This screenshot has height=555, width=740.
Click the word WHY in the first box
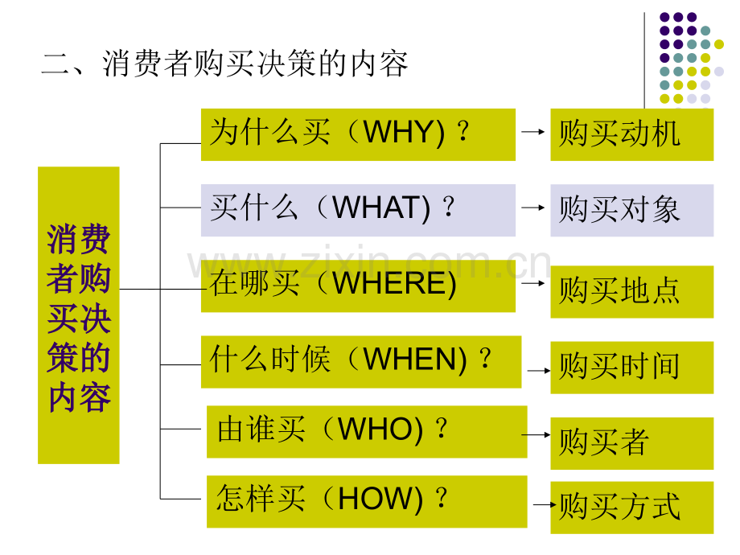tap(398, 132)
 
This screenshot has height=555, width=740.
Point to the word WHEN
tap(409, 360)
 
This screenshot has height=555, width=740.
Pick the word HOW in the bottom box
tap(375, 499)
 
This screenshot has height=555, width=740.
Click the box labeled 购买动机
tap(632, 134)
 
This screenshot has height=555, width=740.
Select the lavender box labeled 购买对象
tap(632, 211)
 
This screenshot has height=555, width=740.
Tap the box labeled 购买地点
tap(632, 292)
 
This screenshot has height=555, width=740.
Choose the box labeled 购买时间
tap(632, 368)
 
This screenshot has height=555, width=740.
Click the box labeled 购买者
tap(632, 444)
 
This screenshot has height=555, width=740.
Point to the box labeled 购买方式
tap(632, 508)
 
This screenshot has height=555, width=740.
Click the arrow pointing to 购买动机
tap(533, 132)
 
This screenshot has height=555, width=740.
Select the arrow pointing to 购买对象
tap(533, 208)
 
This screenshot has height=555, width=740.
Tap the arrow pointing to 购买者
tap(536, 434)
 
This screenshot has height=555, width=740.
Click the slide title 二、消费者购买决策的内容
tap(224, 64)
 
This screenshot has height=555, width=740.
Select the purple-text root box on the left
tap(78, 315)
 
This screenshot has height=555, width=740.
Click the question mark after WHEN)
tap(485, 358)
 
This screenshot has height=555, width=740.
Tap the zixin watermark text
tap(369, 262)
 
